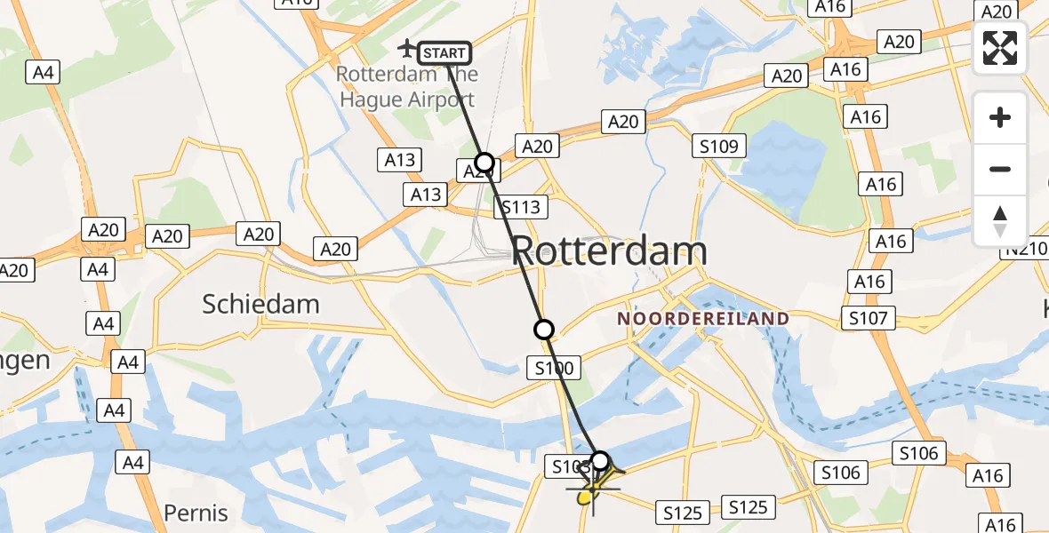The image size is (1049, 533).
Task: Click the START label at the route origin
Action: coord(444,53)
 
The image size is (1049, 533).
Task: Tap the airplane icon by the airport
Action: coord(408,47)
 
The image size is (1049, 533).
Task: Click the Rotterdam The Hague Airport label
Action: coord(407,87)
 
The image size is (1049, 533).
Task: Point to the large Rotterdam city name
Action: coord(610,252)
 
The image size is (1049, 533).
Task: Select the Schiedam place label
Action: coord(260,305)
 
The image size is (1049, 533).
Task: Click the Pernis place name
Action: coord(196,513)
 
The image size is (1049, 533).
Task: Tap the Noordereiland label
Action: coord(702,318)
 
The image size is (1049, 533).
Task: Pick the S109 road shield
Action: coord(720,147)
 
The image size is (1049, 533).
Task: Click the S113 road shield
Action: coord(521,208)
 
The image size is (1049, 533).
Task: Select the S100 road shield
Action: coord(554,367)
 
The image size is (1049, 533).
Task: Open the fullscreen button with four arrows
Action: coord(1000,48)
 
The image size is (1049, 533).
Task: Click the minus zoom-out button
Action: coord(1000,169)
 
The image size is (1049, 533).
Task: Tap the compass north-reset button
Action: coord(1000,220)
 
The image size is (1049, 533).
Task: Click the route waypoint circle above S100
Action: coord(544,330)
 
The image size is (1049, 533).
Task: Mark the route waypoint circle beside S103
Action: coord(601,460)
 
